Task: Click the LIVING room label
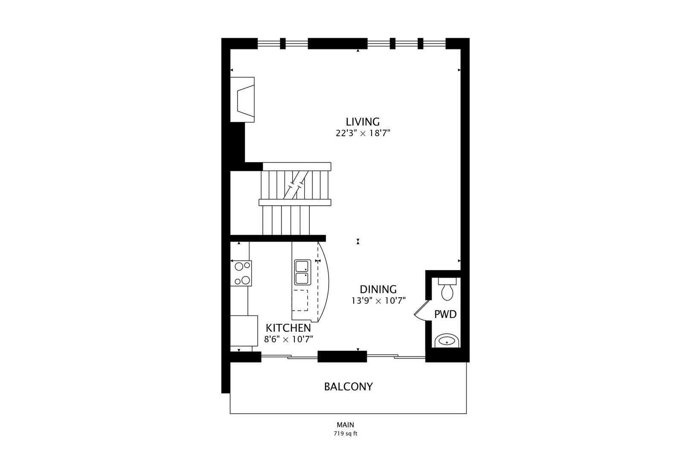click(x=363, y=122)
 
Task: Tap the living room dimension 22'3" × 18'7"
click(x=363, y=133)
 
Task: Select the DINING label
click(x=378, y=289)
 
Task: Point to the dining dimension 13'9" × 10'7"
click(x=378, y=301)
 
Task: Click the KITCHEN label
click(x=288, y=328)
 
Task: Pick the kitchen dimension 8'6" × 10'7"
click(x=289, y=339)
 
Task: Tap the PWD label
click(x=445, y=315)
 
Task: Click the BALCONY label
click(x=348, y=387)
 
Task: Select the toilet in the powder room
click(x=447, y=290)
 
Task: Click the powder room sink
click(x=447, y=341)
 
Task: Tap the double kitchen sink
click(x=302, y=272)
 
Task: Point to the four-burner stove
click(x=241, y=273)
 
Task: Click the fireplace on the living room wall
click(x=243, y=100)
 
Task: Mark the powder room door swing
click(x=420, y=310)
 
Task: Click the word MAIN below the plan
click(x=345, y=425)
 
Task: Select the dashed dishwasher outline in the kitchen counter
click(x=300, y=300)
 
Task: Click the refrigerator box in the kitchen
click(x=244, y=330)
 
